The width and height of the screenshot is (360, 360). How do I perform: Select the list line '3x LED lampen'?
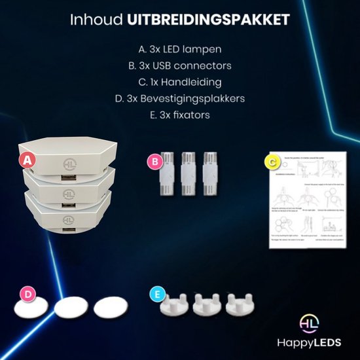180,49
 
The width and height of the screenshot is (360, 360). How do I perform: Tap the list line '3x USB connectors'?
180,66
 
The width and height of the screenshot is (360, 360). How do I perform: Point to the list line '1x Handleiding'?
180,83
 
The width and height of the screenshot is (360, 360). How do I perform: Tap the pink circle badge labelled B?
153,158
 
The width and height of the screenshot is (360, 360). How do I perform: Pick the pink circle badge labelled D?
27,295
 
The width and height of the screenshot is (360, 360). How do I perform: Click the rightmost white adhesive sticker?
108,308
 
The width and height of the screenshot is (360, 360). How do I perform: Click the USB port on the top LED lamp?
67,178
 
